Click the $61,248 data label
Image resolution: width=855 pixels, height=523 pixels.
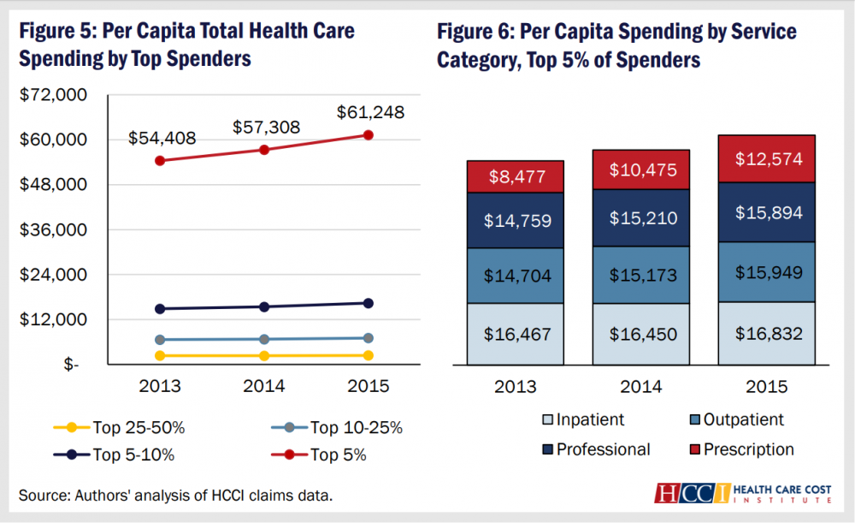pos(370,112)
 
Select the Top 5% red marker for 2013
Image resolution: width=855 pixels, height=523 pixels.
pos(160,161)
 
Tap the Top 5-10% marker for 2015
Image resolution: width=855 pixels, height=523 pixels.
pos(369,303)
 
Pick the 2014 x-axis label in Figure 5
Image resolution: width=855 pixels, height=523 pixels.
pos(264,387)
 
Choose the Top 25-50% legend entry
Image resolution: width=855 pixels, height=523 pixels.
pos(119,427)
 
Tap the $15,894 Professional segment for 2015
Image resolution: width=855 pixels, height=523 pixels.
pos(767,212)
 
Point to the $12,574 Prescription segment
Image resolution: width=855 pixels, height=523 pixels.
pos(767,159)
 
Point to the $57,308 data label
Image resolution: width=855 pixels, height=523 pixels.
pos(266,128)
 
